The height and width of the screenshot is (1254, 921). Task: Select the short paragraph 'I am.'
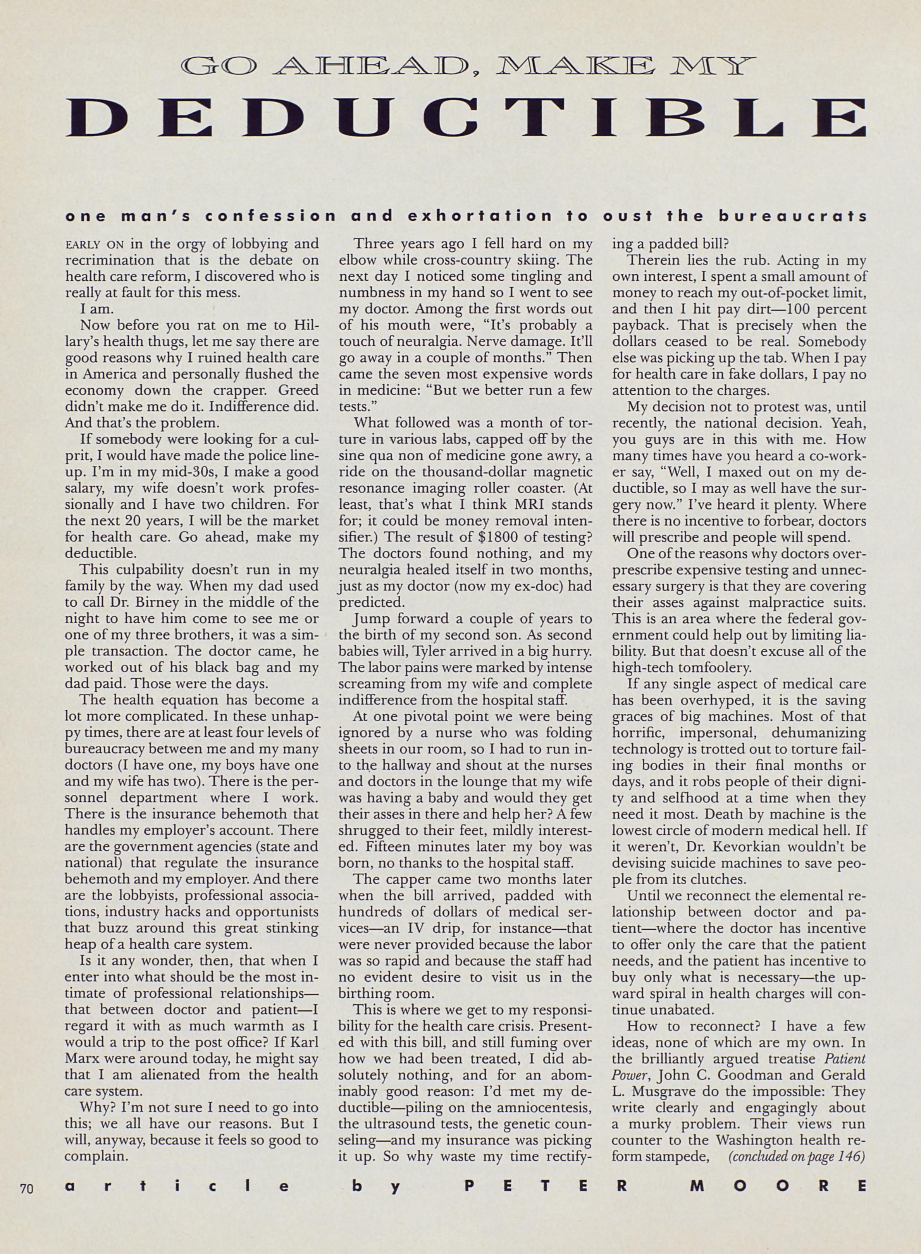98,309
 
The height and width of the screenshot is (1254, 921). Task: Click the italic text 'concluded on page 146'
797,1156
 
